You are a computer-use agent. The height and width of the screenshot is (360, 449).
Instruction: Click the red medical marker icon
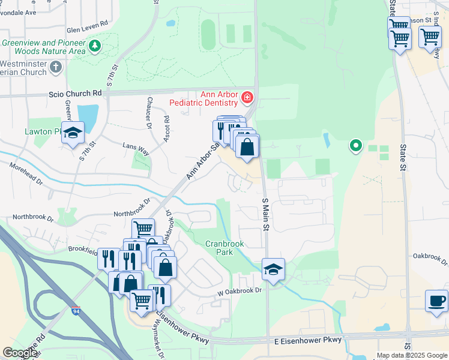click(x=247, y=97)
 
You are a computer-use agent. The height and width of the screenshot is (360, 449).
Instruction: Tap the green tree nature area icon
click(x=94, y=46)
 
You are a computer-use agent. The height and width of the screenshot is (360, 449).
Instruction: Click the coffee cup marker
click(x=436, y=300)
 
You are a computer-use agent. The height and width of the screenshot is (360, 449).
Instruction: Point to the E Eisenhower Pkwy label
click(x=308, y=340)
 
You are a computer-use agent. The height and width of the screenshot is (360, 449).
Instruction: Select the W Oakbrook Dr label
click(x=241, y=291)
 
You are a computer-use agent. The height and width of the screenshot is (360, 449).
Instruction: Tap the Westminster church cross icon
click(x=56, y=66)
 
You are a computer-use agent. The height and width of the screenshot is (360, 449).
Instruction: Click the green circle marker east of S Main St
click(x=356, y=145)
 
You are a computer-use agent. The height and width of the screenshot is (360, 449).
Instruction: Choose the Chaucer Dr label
click(x=148, y=113)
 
